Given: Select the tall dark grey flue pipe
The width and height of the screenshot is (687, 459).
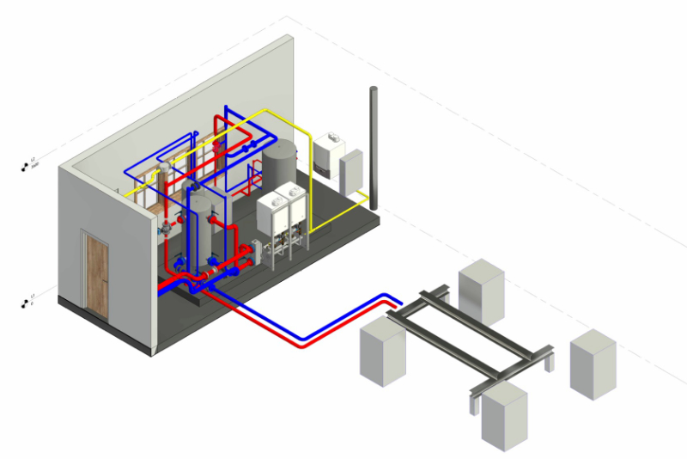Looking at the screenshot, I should (374, 146).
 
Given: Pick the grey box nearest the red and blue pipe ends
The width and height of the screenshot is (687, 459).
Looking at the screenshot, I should (381, 352).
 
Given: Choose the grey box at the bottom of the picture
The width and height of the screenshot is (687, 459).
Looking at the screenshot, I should (503, 416).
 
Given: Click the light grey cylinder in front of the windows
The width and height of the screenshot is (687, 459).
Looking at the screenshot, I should (199, 225).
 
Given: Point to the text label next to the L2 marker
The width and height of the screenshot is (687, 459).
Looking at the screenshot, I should (35, 162).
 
